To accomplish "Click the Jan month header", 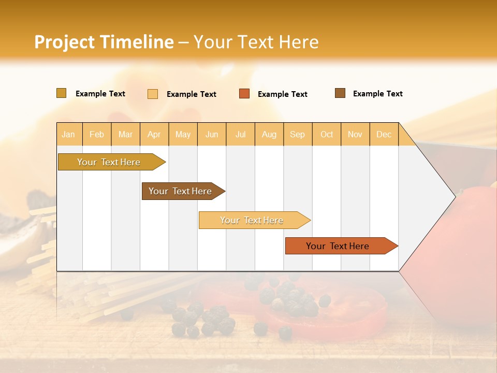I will (68, 134).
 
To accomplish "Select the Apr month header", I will (154, 134).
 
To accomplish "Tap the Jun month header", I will (212, 134).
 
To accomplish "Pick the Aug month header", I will (269, 134).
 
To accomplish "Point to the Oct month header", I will (327, 134).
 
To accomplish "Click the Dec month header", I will (384, 134).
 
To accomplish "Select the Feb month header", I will (97, 134).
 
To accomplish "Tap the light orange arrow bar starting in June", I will (252, 220).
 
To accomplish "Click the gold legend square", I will (61, 93).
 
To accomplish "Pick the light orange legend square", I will (153, 94).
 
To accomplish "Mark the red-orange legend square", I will (244, 94).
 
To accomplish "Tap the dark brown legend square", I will (340, 93).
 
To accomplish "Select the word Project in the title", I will (64, 42).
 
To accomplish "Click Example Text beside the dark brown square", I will (377, 94).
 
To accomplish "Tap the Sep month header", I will (297, 134).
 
